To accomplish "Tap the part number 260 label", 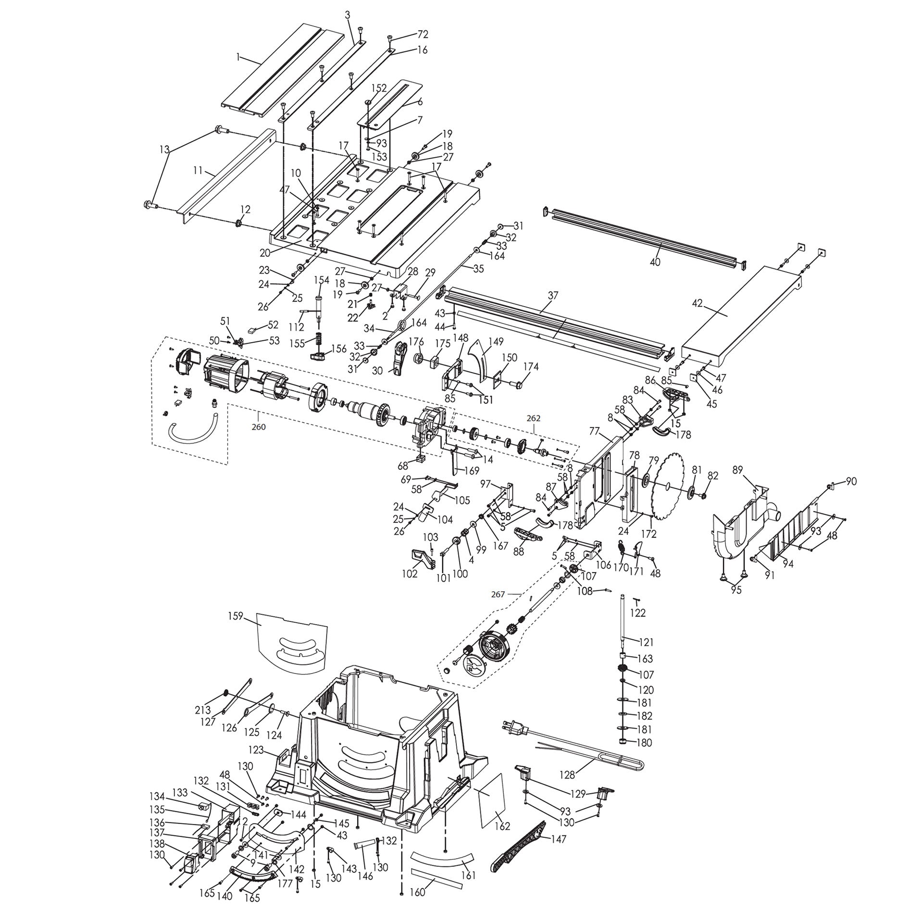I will point(259,426).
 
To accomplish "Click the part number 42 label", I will point(697,303).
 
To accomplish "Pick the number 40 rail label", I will point(655,262).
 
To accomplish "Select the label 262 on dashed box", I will point(534,418).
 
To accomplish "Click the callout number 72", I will point(423,34).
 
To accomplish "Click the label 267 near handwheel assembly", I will point(498,594).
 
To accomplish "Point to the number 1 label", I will point(237,57).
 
